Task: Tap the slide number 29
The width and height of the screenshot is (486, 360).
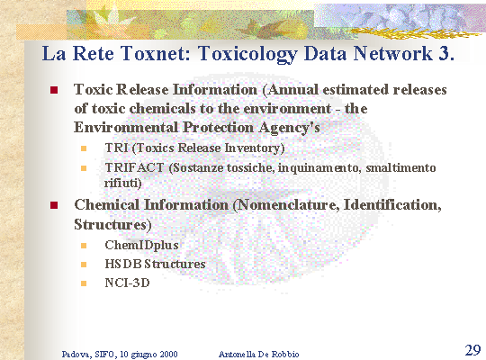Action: [x=472, y=350]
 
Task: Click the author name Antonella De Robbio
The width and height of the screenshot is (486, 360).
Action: [x=259, y=354]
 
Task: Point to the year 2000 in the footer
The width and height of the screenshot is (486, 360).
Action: [x=168, y=354]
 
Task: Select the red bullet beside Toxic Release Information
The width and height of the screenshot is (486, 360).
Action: [x=54, y=90]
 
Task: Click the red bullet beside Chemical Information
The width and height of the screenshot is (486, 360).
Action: [x=54, y=205]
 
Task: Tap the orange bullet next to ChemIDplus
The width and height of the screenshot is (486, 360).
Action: [x=84, y=246]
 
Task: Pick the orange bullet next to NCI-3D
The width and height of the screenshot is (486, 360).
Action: [x=84, y=283]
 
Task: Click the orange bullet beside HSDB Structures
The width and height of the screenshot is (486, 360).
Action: [x=84, y=265]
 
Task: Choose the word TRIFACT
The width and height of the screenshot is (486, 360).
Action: [x=134, y=167]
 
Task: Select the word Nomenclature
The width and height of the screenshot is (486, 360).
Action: [x=288, y=205]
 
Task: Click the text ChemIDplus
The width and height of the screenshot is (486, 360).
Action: [x=141, y=246]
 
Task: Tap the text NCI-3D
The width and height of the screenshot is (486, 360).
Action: [x=127, y=283]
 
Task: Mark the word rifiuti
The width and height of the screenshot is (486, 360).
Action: [x=121, y=183]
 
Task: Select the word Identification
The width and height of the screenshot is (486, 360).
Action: [x=392, y=205]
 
